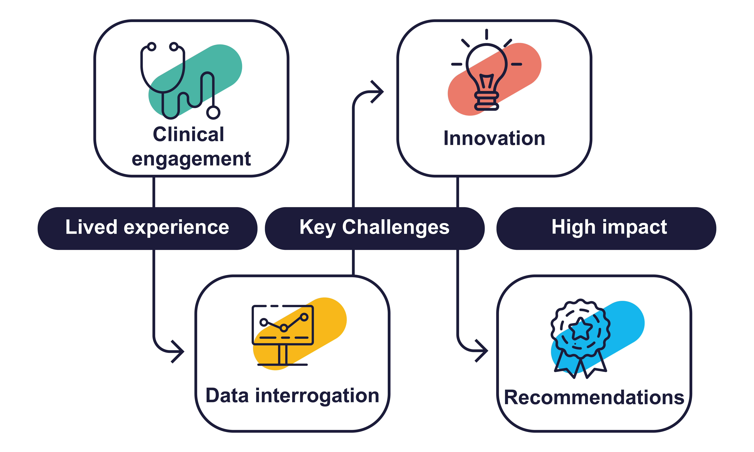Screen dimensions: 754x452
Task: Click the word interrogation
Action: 317,396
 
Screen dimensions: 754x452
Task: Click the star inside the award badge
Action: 581,329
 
